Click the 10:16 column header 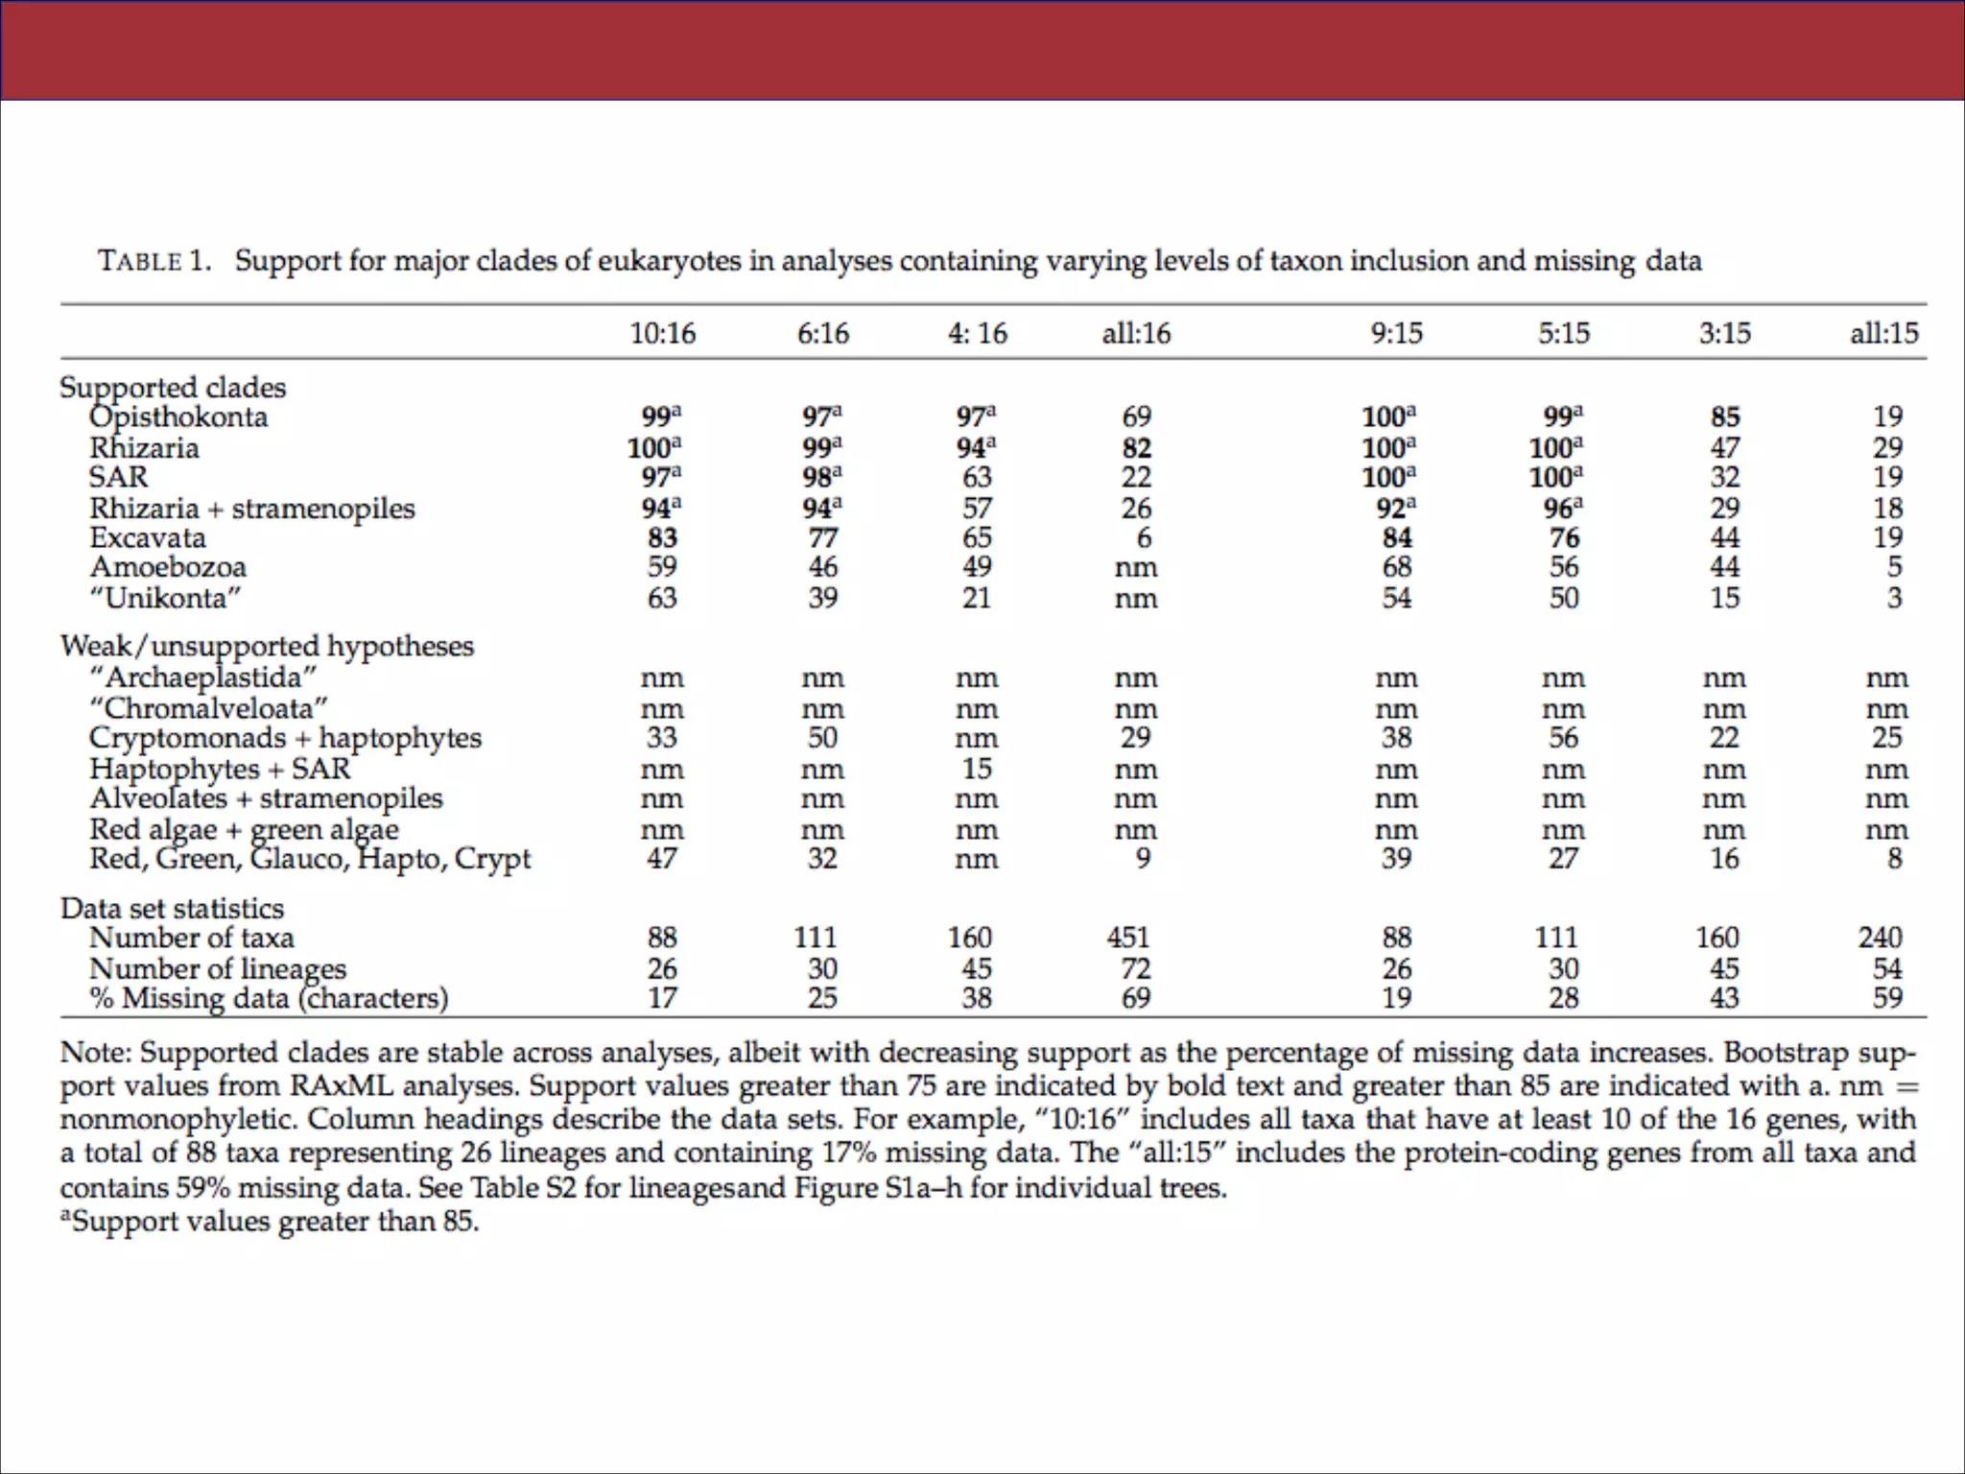click(x=662, y=333)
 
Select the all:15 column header click(x=1883, y=333)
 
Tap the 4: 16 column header click(x=977, y=333)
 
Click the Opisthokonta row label click(x=178, y=417)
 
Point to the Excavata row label click(x=148, y=537)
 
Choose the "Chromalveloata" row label click(x=208, y=708)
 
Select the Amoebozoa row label click(x=168, y=567)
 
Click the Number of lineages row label click(x=218, y=968)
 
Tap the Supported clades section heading click(x=173, y=387)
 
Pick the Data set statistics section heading click(x=173, y=908)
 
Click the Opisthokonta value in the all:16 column click(x=1136, y=416)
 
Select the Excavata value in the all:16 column click(x=1143, y=537)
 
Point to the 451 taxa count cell click(x=1128, y=937)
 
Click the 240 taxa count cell click(x=1880, y=937)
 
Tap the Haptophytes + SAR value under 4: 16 click(x=977, y=769)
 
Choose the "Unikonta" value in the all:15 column click(x=1894, y=598)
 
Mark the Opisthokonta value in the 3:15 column click(x=1724, y=416)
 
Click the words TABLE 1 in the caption click(x=154, y=261)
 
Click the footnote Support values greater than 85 click(x=273, y=1222)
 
